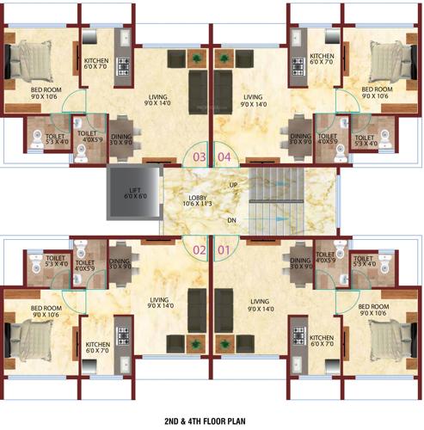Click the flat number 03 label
point(200,157)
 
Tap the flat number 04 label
point(224,157)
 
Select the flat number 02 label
point(200,250)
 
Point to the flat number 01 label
point(224,250)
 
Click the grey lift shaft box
point(132,196)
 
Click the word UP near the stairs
point(233,185)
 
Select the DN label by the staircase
point(233,221)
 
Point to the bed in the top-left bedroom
point(22,64)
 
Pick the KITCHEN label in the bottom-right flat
point(323,341)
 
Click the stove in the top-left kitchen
point(122,65)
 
